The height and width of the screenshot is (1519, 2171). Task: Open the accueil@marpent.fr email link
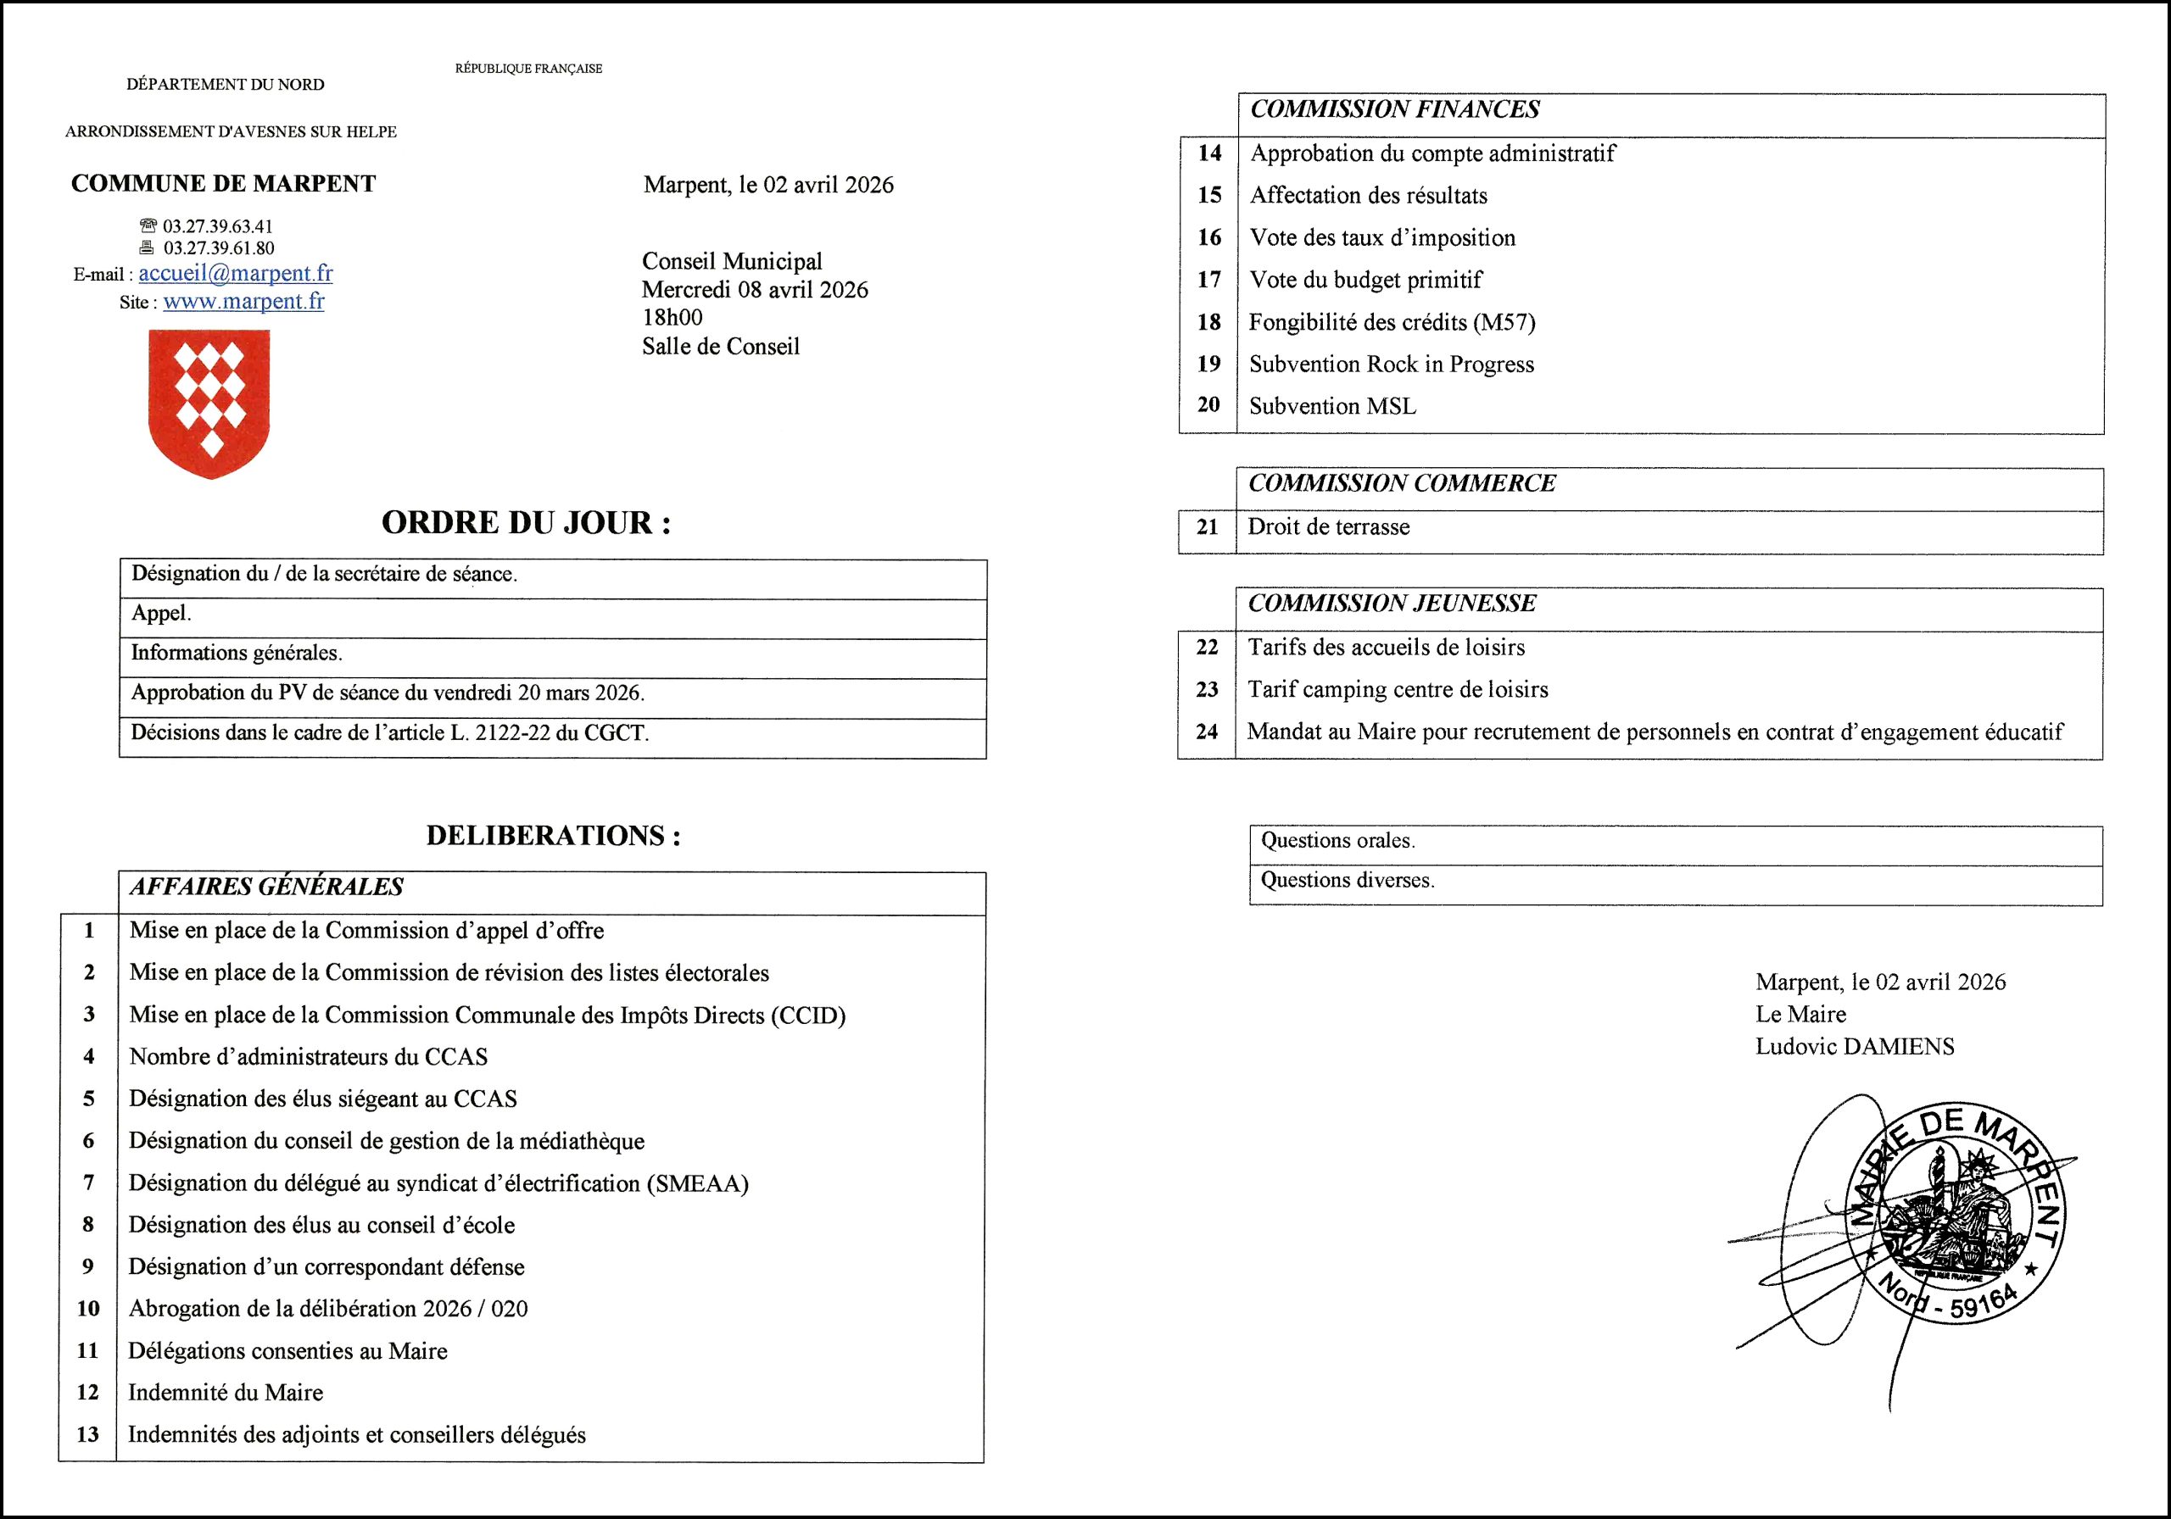[x=236, y=273]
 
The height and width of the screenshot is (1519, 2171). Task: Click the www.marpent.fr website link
[x=243, y=302]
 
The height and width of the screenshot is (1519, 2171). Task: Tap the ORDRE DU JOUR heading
[x=526, y=523]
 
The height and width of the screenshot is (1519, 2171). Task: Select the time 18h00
[x=673, y=318]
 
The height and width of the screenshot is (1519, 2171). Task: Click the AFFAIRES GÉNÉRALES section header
[x=266, y=887]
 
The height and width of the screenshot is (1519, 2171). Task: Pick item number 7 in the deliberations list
[x=89, y=1182]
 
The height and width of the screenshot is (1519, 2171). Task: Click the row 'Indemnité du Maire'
[x=226, y=1393]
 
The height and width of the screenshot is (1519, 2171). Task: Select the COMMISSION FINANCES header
[x=1395, y=109]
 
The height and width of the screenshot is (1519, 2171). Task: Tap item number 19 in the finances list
[x=1208, y=364]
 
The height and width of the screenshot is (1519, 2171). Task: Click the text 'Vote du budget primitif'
[x=1365, y=280]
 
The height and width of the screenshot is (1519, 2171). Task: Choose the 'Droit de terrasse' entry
[x=1329, y=527]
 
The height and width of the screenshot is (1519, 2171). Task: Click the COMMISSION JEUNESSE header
[x=1392, y=603]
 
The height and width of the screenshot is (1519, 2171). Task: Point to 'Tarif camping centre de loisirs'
[x=1398, y=689]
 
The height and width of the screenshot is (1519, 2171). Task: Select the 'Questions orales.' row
[x=1338, y=840]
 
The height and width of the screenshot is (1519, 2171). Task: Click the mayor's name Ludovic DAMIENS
[x=1854, y=1046]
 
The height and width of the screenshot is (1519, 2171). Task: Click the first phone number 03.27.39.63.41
[x=217, y=227]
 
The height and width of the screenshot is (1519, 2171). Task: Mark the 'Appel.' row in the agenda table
[x=162, y=614]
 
